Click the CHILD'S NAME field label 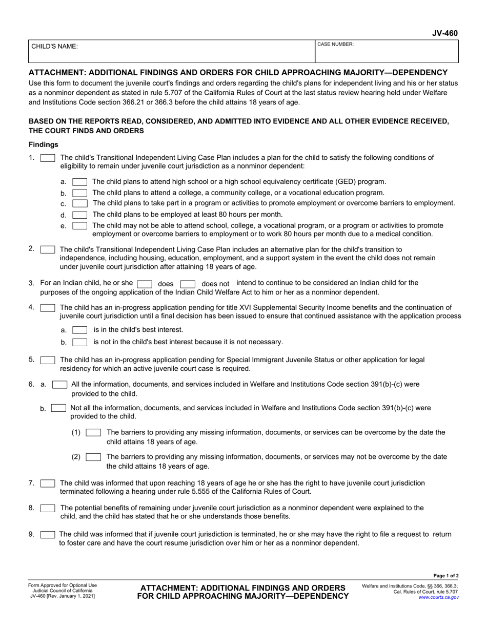click(x=55, y=47)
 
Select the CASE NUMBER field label click(x=336, y=45)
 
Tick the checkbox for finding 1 click(x=48, y=158)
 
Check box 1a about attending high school click(x=80, y=182)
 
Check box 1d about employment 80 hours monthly click(x=80, y=215)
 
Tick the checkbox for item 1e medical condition click(x=80, y=226)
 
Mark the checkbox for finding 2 click(x=48, y=249)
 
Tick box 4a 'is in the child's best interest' click(x=80, y=330)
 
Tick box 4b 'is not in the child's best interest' click(x=80, y=342)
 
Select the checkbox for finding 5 click(x=48, y=360)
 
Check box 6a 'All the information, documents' click(x=60, y=384)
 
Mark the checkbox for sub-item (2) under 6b click(x=93, y=457)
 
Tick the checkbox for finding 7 click(x=48, y=483)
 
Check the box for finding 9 click(x=48, y=535)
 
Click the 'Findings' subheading click(x=43, y=145)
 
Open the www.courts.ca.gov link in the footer click(x=438, y=597)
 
